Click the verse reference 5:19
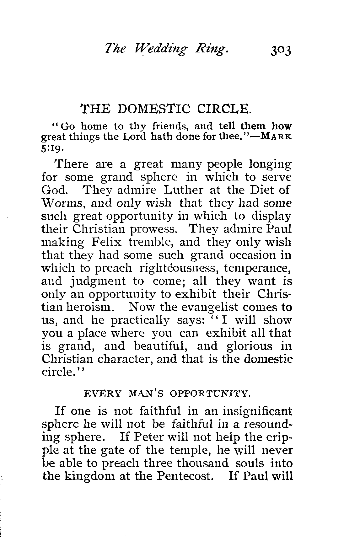click(50, 148)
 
